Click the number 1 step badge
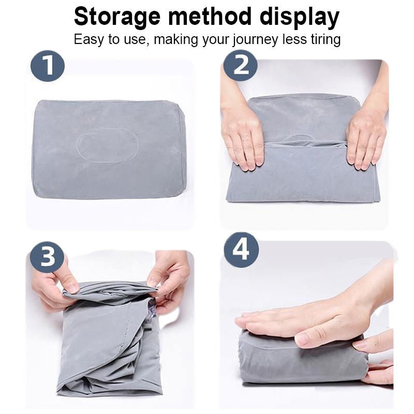[x=48, y=66]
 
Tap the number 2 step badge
[x=241, y=66]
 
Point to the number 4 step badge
[x=241, y=249]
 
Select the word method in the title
[x=210, y=17]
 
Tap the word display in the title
[x=300, y=18]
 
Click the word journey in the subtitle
[x=255, y=40]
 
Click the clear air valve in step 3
[x=151, y=309]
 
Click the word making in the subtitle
[x=176, y=40]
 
